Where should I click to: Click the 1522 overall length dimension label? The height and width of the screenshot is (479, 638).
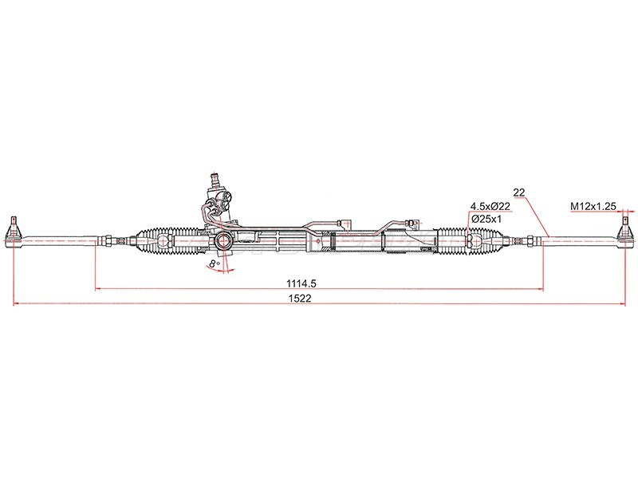[300, 298]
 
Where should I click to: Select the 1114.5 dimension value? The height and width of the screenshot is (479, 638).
[301, 283]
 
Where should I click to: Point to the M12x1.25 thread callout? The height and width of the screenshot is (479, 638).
[593, 207]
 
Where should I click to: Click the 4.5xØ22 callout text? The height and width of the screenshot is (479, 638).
[490, 207]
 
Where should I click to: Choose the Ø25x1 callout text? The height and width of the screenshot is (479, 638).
[487, 219]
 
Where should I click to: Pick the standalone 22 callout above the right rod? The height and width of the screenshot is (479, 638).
[519, 192]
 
